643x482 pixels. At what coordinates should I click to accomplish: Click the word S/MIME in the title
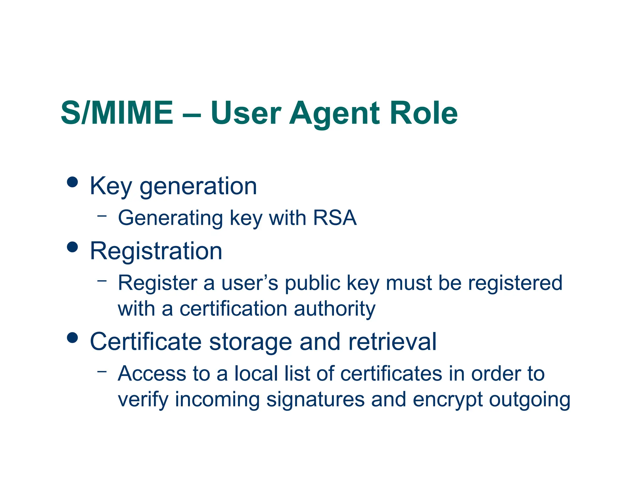coord(117,113)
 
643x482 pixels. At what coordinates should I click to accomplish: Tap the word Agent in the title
coord(334,114)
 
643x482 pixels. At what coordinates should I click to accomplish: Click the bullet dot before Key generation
coord(73,182)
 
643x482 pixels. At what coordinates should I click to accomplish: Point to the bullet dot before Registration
coord(73,247)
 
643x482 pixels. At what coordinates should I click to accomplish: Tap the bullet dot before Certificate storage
coord(73,338)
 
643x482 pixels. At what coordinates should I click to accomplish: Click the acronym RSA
coord(335,217)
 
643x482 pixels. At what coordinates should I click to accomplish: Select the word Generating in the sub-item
coord(170,218)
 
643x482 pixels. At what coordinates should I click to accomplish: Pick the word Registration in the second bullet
coord(156,251)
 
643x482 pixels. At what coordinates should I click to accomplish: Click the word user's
coord(250,283)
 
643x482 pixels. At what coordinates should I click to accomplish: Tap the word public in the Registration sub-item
coord(313,283)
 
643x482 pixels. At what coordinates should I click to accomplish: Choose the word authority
coord(335,309)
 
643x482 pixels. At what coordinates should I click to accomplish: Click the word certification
coord(233,308)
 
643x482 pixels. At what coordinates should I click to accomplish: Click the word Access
coord(152,373)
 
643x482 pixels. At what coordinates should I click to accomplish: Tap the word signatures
coord(315,400)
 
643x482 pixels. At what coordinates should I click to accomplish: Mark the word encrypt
coord(447,400)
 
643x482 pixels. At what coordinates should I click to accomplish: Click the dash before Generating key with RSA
coord(102,216)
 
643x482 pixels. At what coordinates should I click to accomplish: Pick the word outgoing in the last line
coord(530,400)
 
